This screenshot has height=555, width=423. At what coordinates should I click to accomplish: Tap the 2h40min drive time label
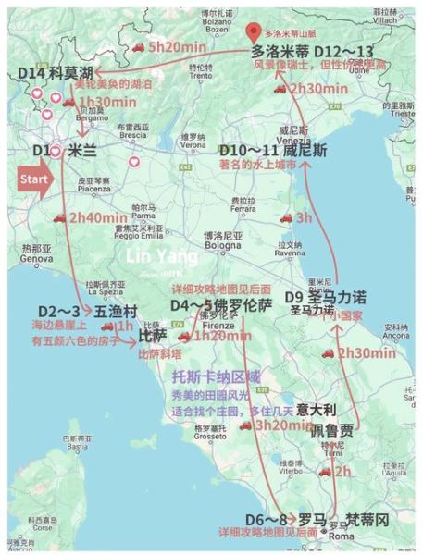(97, 217)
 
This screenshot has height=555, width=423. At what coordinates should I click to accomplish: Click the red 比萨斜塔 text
(159, 353)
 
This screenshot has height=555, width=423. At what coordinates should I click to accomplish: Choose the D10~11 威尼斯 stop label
(262, 149)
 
